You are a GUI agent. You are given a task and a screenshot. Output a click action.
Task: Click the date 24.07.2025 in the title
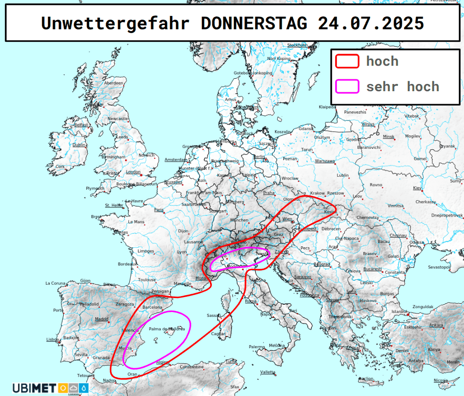coord(371,23)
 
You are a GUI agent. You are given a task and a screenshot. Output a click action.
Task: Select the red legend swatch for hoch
coord(347,61)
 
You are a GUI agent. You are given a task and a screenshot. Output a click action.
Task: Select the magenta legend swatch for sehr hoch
coord(347,86)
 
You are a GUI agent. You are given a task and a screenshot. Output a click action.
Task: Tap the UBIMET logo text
coord(34,387)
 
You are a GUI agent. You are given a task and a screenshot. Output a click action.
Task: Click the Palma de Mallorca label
coord(167,329)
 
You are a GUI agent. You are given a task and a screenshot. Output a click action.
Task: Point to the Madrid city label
coord(102,319)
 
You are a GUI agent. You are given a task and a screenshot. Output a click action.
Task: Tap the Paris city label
coord(159,210)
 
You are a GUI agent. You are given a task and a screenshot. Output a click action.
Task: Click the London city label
coord(133,172)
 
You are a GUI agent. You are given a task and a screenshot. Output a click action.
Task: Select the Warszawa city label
coord(325,161)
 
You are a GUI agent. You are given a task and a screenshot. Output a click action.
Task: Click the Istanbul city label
coord(399,312)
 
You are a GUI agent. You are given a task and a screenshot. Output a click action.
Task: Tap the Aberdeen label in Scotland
coord(114,83)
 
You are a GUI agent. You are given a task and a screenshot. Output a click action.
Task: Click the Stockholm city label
coord(297,45)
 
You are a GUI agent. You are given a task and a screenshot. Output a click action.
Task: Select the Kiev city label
coord(417,188)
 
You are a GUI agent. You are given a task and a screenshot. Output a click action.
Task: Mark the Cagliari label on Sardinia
coord(219,334)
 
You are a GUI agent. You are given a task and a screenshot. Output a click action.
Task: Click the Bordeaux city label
coord(127,264)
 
